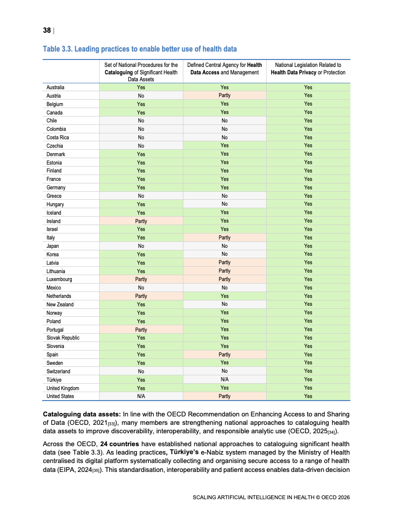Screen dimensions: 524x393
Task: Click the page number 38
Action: pyautogui.click(x=47, y=31)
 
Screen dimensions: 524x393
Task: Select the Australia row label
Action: pyautogui.click(x=55, y=87)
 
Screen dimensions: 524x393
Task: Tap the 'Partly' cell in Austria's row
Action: pyautogui.click(x=225, y=96)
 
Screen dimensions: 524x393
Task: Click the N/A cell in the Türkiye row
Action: pyautogui.click(x=225, y=380)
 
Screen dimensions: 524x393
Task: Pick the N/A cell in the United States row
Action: pyautogui.click(x=141, y=397)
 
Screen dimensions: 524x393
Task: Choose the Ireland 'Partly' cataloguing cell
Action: pyautogui.click(x=141, y=221)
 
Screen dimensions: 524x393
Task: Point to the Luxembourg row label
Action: pyautogui.click(x=59, y=280)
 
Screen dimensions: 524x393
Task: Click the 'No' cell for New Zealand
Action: pyautogui.click(x=225, y=304)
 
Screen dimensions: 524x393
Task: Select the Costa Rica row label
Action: pyautogui.click(x=57, y=137)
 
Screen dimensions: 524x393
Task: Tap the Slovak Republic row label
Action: pyautogui.click(x=63, y=338)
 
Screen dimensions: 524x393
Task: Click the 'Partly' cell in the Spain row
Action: pyautogui.click(x=225, y=354)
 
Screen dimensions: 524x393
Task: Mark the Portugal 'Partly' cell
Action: pyautogui.click(x=141, y=330)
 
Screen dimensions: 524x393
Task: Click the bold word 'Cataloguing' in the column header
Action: pyautogui.click(x=119, y=72)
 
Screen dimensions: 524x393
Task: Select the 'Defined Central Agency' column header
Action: pyautogui.click(x=225, y=68)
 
